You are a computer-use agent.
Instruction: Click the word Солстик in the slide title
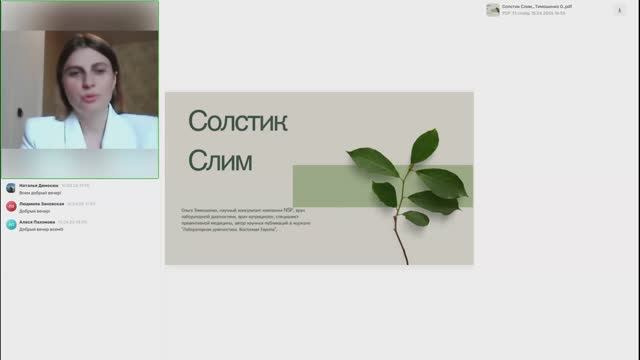click(x=238, y=122)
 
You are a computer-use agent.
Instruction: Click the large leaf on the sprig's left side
click(x=372, y=162)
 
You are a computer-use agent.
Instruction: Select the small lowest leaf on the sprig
click(x=415, y=218)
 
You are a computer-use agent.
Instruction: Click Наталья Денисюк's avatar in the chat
click(x=11, y=187)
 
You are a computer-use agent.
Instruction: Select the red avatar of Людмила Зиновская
click(x=11, y=206)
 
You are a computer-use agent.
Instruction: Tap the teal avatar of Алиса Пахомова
click(x=11, y=225)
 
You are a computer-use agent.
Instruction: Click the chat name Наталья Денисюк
click(x=39, y=185)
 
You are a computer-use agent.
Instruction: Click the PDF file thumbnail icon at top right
click(x=493, y=10)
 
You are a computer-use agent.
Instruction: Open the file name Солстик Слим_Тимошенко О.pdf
click(x=537, y=6)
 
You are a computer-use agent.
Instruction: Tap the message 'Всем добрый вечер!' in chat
click(x=40, y=192)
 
